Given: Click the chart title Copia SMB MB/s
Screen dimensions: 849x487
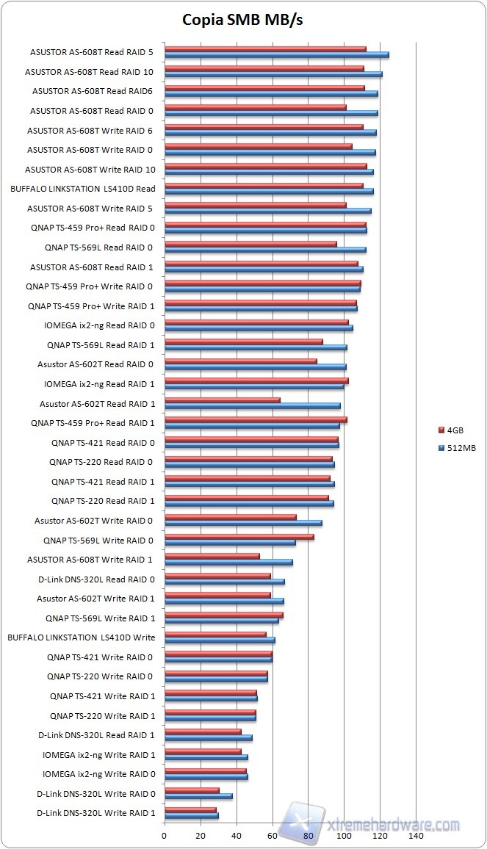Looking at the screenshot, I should tap(242, 20).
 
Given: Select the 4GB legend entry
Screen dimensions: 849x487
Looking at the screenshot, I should tap(454, 430).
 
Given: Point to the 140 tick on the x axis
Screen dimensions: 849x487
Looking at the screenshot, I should tap(416, 836).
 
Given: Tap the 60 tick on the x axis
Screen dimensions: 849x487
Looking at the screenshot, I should tap(272, 836).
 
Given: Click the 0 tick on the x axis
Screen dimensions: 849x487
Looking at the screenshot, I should tap(165, 836).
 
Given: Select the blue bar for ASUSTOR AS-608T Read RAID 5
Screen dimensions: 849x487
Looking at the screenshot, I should tap(276, 55).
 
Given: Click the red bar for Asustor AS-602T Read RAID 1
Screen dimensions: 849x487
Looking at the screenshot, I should tap(222, 400).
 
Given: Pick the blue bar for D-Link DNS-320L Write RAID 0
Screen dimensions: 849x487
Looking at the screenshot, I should tap(198, 796).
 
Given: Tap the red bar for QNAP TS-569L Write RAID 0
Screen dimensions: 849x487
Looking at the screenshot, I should tap(239, 537).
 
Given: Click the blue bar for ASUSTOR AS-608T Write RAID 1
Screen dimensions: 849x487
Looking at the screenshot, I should tap(228, 563).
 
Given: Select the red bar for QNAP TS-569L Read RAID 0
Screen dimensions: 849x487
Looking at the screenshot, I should tap(250, 244).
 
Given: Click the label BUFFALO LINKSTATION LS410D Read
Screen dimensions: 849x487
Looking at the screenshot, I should tap(83, 189).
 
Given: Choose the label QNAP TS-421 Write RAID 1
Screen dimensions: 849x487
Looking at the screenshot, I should tap(102, 696).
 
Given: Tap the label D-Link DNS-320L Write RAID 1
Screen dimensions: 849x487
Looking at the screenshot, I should tap(95, 813).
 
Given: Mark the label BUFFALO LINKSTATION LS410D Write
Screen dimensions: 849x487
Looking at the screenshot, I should tap(81, 637).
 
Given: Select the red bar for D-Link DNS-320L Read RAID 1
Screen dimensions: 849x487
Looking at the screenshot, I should tap(202, 731).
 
